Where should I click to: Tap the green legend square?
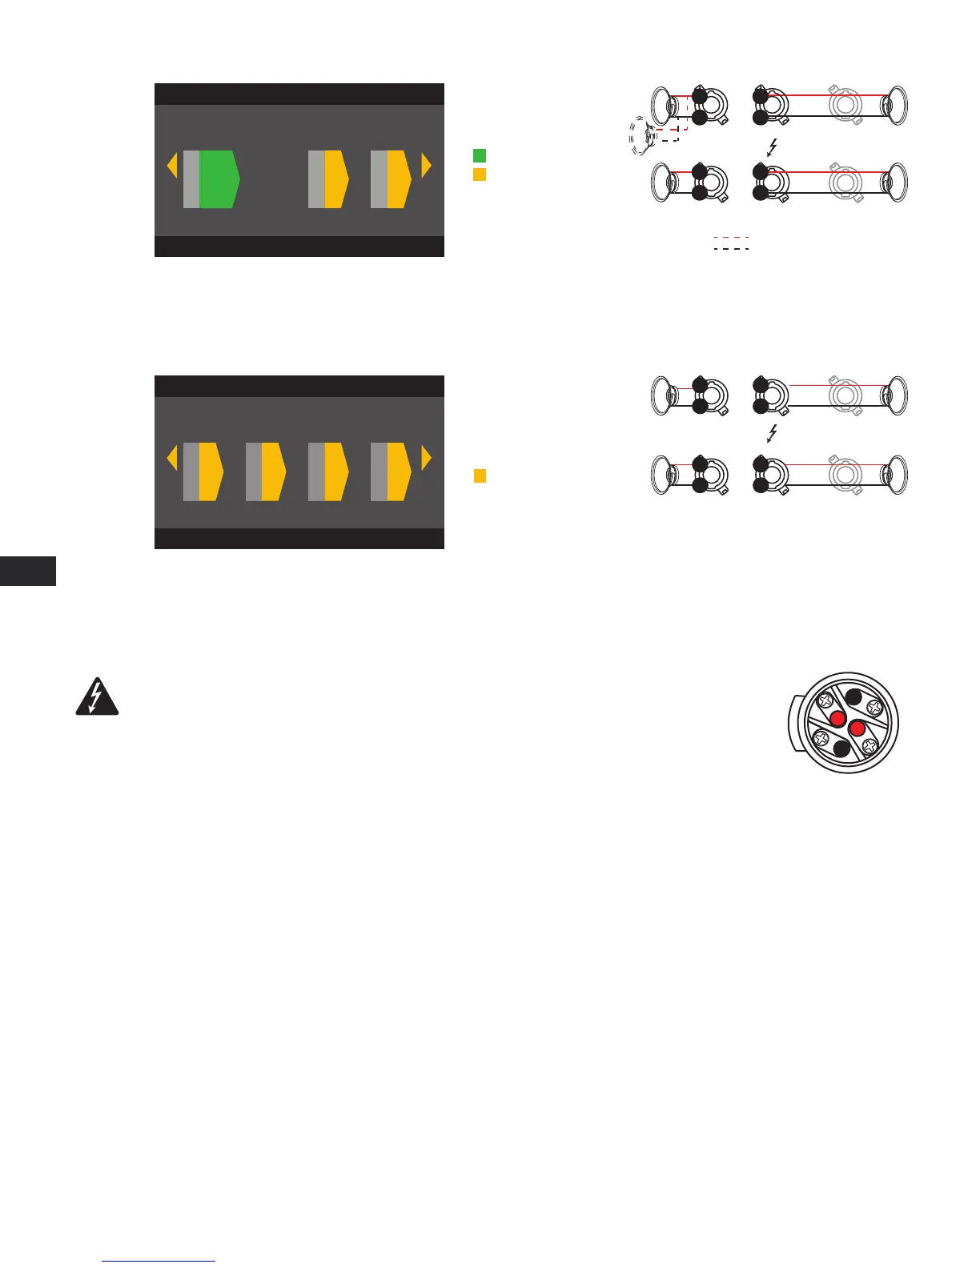coord(480,155)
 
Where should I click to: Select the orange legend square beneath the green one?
coord(480,174)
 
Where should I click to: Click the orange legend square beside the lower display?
coord(480,475)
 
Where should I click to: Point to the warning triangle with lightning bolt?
coord(97,698)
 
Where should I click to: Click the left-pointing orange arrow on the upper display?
coord(171,167)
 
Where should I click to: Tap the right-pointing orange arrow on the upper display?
coord(426,167)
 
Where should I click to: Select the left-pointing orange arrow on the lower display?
coord(171,459)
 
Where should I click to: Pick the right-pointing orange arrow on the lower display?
coord(426,459)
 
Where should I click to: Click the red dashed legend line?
coord(731,237)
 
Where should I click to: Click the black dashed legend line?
coord(731,249)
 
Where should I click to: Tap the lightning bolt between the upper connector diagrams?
coord(772,147)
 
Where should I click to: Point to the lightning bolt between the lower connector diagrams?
coord(772,434)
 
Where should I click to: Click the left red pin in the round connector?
coord(838,718)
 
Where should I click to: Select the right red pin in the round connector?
coord(857,728)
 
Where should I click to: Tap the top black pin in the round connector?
coord(853,696)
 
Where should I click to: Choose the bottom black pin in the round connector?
coord(841,749)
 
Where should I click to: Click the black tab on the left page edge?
coord(28,572)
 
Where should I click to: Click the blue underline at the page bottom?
coord(159,1262)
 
